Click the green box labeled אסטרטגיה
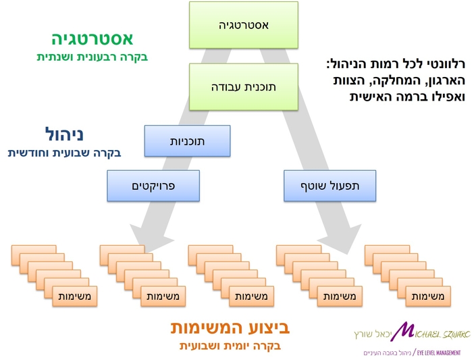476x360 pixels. tap(244, 26)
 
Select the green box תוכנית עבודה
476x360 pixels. tap(244, 86)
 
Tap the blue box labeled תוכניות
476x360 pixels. tap(187, 141)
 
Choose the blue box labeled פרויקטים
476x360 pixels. tap(153, 186)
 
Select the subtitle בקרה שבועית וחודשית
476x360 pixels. tap(64, 152)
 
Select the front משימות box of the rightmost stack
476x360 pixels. tap(427, 297)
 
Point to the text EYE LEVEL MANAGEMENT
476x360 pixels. tap(439, 353)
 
